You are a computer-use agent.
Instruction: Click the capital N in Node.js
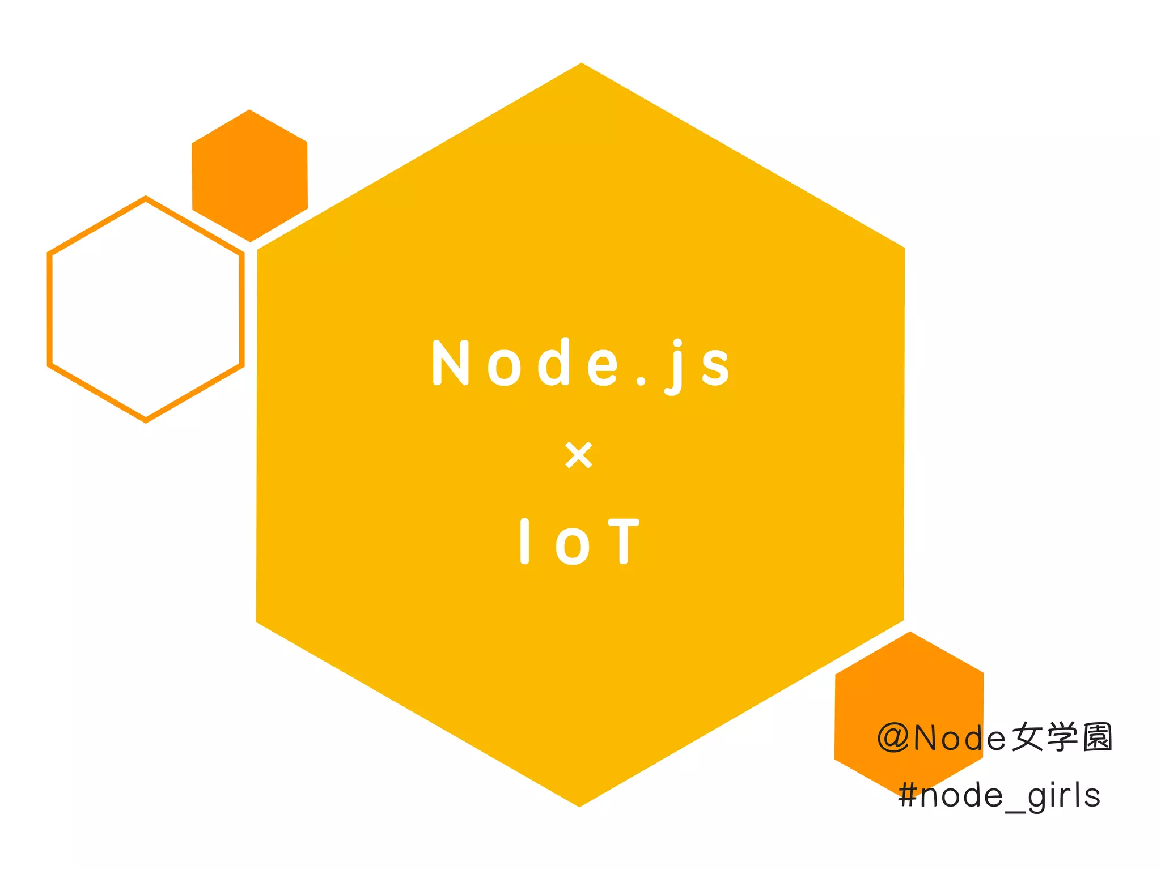[450, 363]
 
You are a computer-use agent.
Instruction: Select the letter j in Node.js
[675, 367]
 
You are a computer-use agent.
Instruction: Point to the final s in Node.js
[715, 367]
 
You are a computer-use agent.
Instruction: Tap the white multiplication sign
[579, 455]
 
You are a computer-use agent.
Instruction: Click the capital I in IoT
[524, 541]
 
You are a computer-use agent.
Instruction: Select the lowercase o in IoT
[573, 546]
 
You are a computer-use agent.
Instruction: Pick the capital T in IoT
[624, 541]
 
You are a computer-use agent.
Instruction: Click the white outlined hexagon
[146, 309]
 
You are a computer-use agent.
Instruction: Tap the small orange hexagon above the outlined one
[250, 176]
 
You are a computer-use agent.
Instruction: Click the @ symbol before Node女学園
[894, 738]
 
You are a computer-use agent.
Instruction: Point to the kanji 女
[1027, 738]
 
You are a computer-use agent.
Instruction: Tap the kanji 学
[1062, 738]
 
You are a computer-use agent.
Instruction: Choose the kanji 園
[1098, 738]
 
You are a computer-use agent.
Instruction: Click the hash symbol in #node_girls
[908, 796]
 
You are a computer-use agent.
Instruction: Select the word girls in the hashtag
[1063, 796]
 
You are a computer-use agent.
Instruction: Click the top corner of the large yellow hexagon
[582, 65]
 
